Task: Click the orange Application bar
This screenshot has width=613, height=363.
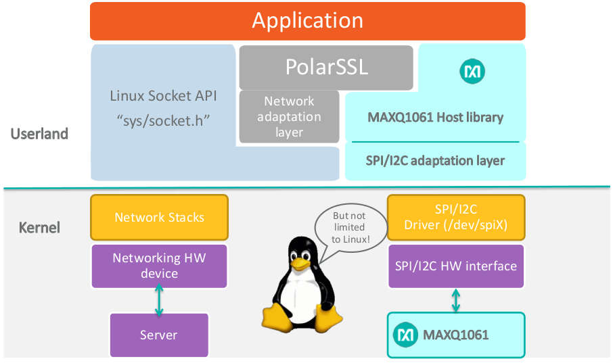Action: [308, 21]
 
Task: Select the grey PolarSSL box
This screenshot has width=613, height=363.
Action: [326, 68]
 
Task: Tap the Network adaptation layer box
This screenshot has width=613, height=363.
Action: [289, 116]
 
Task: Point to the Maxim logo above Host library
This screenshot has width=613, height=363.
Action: [472, 71]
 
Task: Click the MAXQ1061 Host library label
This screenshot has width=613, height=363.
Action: [435, 117]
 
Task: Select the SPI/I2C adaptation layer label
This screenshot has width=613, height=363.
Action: [435, 161]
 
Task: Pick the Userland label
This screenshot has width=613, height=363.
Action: [39, 134]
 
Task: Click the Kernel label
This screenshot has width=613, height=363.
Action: [39, 227]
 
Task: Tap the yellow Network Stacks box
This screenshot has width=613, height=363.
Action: [160, 217]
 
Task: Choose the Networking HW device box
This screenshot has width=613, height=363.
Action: [160, 266]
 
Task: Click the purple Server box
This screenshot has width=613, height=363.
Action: [159, 335]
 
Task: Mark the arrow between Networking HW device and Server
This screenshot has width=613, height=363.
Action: [159, 301]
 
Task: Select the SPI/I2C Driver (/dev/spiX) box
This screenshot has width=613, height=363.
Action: [455, 217]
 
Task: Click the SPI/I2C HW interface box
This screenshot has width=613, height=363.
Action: [455, 266]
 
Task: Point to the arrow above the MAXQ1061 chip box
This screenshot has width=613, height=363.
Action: [455, 301]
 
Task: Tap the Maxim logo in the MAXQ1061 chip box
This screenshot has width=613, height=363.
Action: [406, 335]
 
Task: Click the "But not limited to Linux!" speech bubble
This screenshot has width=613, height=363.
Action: [348, 227]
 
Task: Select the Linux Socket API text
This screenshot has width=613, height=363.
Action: [164, 96]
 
